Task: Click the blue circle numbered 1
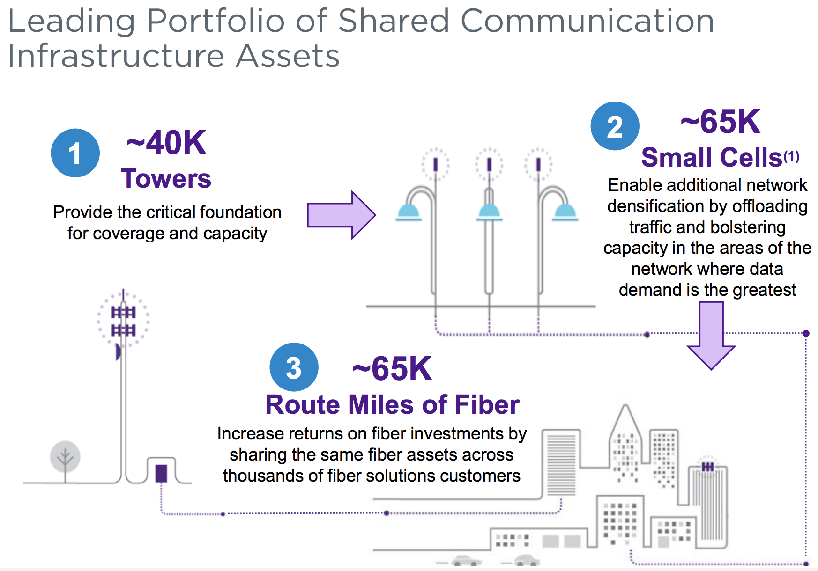pyautogui.click(x=75, y=153)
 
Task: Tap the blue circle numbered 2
pyautogui.click(x=615, y=126)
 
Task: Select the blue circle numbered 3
pyautogui.click(x=294, y=367)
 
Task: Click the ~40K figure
pyautogui.click(x=166, y=143)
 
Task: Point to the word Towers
pyautogui.click(x=166, y=178)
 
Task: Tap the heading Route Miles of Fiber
pyautogui.click(x=393, y=404)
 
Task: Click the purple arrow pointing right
pyautogui.click(x=341, y=215)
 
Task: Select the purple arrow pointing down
pyautogui.click(x=711, y=336)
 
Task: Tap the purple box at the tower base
pyautogui.click(x=161, y=473)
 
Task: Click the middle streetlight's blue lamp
pyautogui.click(x=489, y=212)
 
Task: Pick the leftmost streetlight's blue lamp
pyautogui.click(x=409, y=212)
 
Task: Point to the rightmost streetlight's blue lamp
pyautogui.click(x=565, y=212)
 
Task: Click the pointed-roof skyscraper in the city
pyautogui.click(x=625, y=445)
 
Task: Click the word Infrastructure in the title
pyautogui.click(x=117, y=56)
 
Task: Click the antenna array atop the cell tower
pyautogui.click(x=123, y=321)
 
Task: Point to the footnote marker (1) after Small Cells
pyautogui.click(x=792, y=156)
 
